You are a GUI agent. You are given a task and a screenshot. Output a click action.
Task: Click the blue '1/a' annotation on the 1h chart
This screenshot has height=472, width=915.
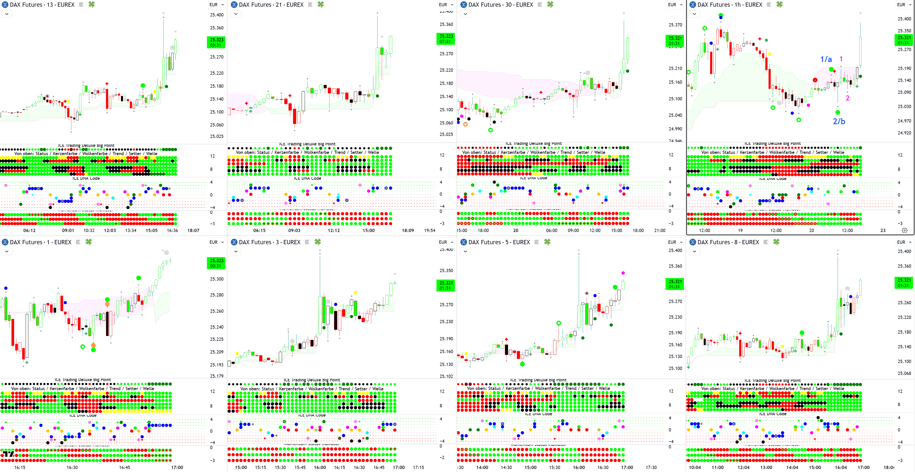click(x=826, y=59)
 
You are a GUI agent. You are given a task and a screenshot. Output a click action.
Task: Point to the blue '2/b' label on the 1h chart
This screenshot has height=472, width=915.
click(x=839, y=121)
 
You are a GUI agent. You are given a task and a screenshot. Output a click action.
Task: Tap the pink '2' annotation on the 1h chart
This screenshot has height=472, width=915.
click(x=848, y=98)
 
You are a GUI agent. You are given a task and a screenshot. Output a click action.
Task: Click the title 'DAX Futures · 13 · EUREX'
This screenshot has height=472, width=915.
click(x=42, y=5)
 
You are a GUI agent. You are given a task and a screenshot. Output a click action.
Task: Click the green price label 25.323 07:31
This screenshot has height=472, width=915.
click(x=446, y=39)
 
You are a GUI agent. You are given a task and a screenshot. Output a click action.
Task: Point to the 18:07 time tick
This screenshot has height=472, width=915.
click(x=193, y=230)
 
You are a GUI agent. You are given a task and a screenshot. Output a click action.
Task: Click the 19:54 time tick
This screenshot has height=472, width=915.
click(x=430, y=230)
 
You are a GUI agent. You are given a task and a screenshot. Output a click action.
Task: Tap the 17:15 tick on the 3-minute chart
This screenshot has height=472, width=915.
click(x=418, y=467)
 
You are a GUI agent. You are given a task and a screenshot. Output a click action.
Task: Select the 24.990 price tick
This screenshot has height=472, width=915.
click(x=675, y=129)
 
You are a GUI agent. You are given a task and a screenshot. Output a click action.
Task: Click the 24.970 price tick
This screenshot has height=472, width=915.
click(x=904, y=121)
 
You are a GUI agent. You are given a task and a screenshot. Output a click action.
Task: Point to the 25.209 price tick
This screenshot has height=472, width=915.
click(x=217, y=352)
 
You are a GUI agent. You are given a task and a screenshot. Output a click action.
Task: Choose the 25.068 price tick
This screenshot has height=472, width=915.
click(x=904, y=373)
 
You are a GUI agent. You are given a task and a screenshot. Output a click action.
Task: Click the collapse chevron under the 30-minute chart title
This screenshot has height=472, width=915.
click(x=465, y=14)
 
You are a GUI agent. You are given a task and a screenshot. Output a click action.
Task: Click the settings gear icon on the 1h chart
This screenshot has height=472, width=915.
click(x=905, y=230)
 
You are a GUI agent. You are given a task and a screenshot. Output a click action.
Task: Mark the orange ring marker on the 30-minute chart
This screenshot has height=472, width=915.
click(x=465, y=124)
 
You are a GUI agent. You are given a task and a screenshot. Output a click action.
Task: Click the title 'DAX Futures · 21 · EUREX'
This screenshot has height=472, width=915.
click(x=271, y=5)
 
